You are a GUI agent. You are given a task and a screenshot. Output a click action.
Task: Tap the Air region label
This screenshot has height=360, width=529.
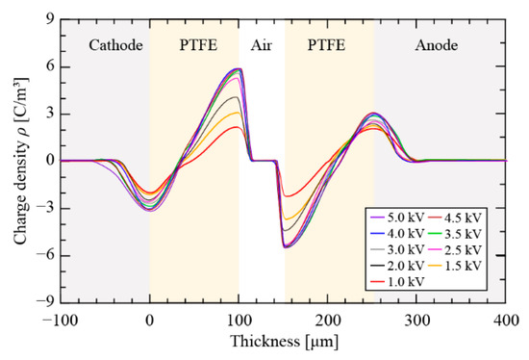point(263,43)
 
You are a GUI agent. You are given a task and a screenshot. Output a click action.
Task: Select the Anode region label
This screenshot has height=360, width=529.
point(440,43)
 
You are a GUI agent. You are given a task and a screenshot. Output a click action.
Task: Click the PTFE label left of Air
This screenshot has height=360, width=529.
point(195,43)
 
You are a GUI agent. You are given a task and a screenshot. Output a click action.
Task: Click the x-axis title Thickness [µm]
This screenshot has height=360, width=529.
point(284,342)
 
